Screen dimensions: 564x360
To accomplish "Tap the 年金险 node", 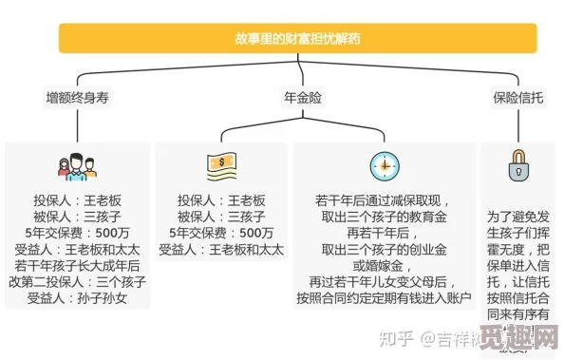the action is [302, 97].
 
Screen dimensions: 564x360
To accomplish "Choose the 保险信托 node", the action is [518, 97].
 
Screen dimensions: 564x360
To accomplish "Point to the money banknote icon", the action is [220, 167].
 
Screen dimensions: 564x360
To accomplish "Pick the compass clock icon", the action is [384, 166].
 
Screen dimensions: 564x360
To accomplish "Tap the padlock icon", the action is [518, 165].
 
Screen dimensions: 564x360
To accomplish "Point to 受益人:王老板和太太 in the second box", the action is [220, 250].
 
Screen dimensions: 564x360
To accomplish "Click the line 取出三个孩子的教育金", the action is [384, 217].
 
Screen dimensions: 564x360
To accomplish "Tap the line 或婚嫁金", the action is [384, 265].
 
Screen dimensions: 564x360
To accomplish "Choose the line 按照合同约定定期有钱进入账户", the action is [384, 298].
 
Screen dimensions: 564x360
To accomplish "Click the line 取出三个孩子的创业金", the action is [384, 250].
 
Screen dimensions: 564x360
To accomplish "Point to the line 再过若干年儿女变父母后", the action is [384, 282].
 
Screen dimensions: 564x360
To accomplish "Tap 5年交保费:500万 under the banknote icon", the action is [220, 233].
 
